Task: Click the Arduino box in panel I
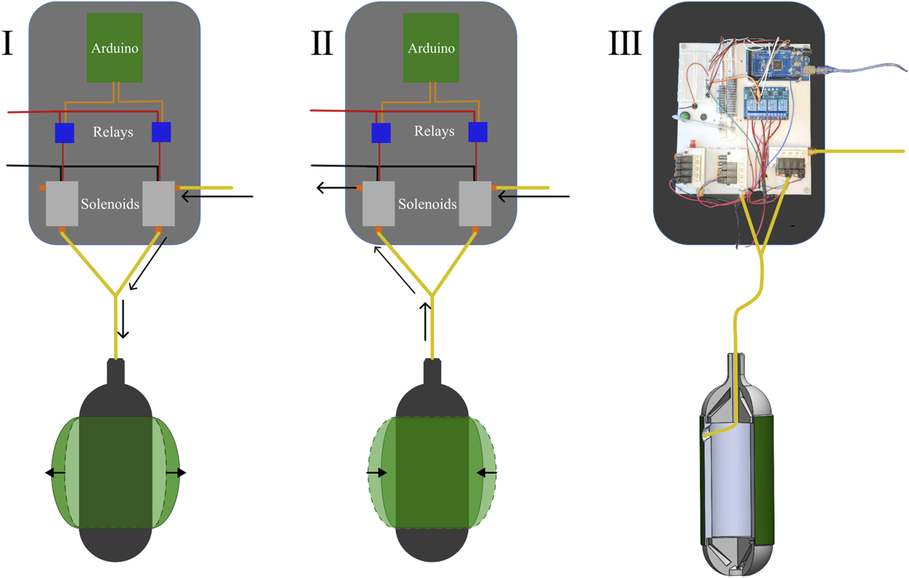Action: pos(114,48)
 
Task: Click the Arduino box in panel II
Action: pos(431,48)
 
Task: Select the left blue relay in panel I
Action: pos(65,133)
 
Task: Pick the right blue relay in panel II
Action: pos(478,132)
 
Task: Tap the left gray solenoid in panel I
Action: pos(62,203)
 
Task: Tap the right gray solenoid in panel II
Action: pos(475,203)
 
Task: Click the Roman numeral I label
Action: pos(8,43)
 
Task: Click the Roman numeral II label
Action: pos(322,43)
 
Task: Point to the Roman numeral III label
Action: pos(625,43)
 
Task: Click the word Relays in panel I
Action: pos(113,132)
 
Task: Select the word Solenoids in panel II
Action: pos(427,204)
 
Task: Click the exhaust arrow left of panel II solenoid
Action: pos(336,188)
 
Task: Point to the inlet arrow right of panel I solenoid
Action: pos(218,196)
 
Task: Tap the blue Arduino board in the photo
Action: pos(776,64)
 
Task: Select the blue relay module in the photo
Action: pos(765,103)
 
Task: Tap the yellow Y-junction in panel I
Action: pos(116,295)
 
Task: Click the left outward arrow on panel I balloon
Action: pos(55,473)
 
